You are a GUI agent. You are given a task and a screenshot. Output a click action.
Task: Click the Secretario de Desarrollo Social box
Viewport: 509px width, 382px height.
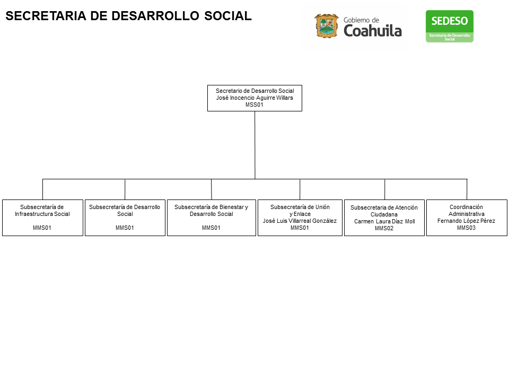point(254,98)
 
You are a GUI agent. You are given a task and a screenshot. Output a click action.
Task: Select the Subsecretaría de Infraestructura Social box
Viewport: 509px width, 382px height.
point(42,218)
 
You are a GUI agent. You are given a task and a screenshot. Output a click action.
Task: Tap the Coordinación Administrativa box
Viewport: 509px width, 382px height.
point(467,218)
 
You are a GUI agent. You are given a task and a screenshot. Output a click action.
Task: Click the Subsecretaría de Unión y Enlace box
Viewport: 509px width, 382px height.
point(300,218)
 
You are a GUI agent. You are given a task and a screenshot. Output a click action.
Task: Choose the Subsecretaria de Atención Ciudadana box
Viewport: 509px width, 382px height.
point(384,218)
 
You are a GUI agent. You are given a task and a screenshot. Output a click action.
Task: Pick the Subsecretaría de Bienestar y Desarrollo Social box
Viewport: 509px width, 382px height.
point(212,218)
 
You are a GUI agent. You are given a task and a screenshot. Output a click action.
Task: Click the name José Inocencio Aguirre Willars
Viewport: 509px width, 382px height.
point(254,98)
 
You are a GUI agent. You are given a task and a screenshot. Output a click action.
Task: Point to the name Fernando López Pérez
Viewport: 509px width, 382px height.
point(466,221)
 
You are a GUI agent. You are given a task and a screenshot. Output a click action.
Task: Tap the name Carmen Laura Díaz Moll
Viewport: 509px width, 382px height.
point(384,222)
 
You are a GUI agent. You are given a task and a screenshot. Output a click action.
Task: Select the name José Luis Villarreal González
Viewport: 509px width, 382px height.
point(300,221)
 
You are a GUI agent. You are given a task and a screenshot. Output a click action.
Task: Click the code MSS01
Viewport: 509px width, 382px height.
point(254,105)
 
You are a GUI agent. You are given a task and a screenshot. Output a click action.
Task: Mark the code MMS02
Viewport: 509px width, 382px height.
point(384,228)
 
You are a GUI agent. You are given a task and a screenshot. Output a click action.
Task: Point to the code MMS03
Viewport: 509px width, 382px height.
point(466,228)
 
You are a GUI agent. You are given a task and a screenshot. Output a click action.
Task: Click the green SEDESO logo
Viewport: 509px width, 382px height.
point(450,27)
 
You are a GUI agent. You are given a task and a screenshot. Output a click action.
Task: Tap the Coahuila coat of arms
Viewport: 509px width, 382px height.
point(327,25)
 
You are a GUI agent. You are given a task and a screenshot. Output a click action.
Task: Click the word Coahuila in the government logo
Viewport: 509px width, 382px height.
point(373,31)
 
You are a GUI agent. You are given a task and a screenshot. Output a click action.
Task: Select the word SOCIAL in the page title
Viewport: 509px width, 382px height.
point(228,16)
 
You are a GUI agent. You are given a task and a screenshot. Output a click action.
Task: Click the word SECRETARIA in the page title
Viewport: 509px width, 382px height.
point(46,16)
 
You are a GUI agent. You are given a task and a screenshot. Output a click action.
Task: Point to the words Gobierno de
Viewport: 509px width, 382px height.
point(361,20)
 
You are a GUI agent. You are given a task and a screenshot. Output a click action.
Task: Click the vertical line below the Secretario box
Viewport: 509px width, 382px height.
point(255,145)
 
